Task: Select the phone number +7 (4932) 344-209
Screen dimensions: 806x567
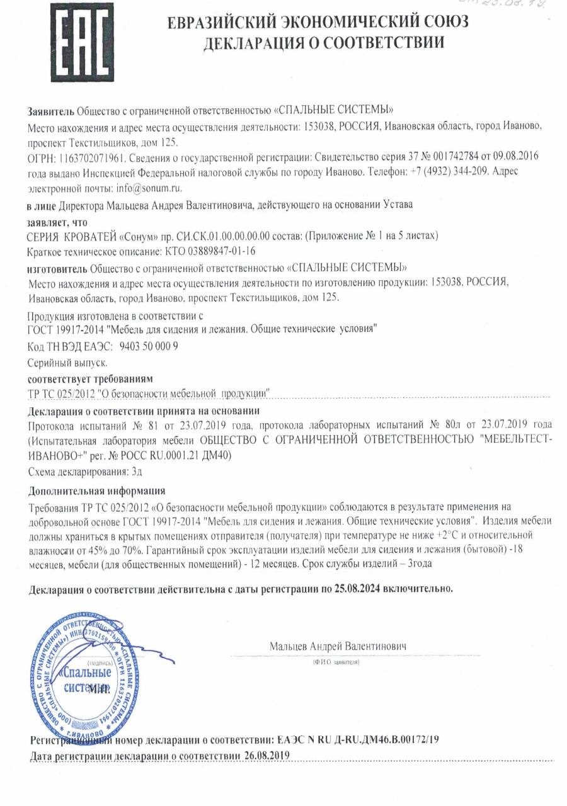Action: (x=459, y=171)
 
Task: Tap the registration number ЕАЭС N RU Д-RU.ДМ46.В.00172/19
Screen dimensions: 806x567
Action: (x=362, y=738)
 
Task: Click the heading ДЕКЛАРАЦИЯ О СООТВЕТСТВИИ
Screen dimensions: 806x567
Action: (x=323, y=43)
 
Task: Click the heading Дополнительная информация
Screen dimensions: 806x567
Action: (x=98, y=491)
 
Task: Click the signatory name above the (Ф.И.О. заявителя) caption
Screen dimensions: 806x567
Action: (x=338, y=647)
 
